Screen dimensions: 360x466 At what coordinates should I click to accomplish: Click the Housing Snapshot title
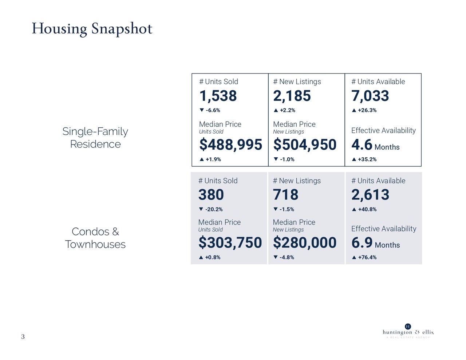(92, 29)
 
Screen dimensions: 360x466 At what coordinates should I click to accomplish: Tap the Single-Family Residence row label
(95, 138)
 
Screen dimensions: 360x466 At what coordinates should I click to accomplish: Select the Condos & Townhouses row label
(95, 238)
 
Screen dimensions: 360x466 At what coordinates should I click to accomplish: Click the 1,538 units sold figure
(218, 96)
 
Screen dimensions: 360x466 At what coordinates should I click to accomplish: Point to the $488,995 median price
(230, 145)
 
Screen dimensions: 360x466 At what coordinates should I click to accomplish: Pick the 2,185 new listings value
(292, 96)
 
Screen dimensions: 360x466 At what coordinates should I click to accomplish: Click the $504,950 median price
(305, 145)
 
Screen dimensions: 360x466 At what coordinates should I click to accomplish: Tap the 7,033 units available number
(370, 96)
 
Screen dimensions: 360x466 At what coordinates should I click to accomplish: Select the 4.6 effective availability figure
(362, 145)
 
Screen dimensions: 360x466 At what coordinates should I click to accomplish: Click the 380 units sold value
(211, 195)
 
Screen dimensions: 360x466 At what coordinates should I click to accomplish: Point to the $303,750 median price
(230, 242)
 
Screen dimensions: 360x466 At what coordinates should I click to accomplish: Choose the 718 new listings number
(286, 195)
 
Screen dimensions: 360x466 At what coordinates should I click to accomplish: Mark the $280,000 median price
(305, 242)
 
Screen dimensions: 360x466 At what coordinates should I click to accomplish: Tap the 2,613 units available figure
(370, 195)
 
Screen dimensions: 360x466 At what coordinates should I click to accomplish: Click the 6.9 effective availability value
(362, 243)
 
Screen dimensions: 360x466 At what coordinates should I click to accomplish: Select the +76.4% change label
(367, 257)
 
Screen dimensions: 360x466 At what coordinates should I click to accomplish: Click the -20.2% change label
(214, 209)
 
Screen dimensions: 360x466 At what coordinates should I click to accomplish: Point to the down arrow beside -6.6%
(202, 110)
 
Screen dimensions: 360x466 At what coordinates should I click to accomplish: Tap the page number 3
(23, 337)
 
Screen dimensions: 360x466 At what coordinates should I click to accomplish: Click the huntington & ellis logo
(408, 332)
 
